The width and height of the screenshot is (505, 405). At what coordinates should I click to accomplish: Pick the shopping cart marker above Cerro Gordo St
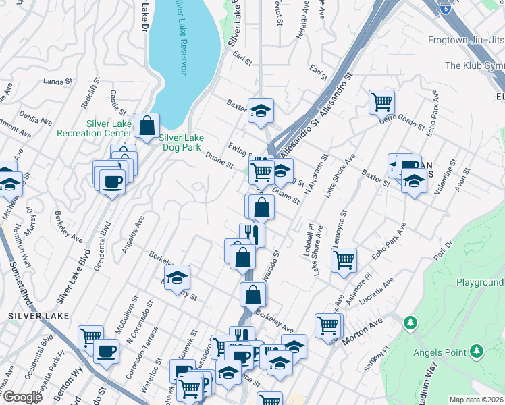coord(381,103)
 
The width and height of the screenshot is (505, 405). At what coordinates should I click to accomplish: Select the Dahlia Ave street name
coord(35,119)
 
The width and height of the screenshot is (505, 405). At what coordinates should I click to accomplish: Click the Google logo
coord(22,397)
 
